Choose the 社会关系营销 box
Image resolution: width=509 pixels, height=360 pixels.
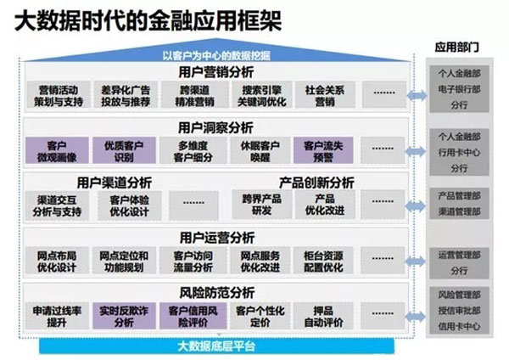324,94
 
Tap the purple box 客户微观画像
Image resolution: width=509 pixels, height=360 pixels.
57,150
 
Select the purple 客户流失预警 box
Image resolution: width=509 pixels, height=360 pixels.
324,150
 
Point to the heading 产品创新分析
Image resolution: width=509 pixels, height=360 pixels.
317,182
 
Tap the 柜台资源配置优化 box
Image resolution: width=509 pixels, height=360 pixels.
324,261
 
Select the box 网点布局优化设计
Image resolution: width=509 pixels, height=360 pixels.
57,261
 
